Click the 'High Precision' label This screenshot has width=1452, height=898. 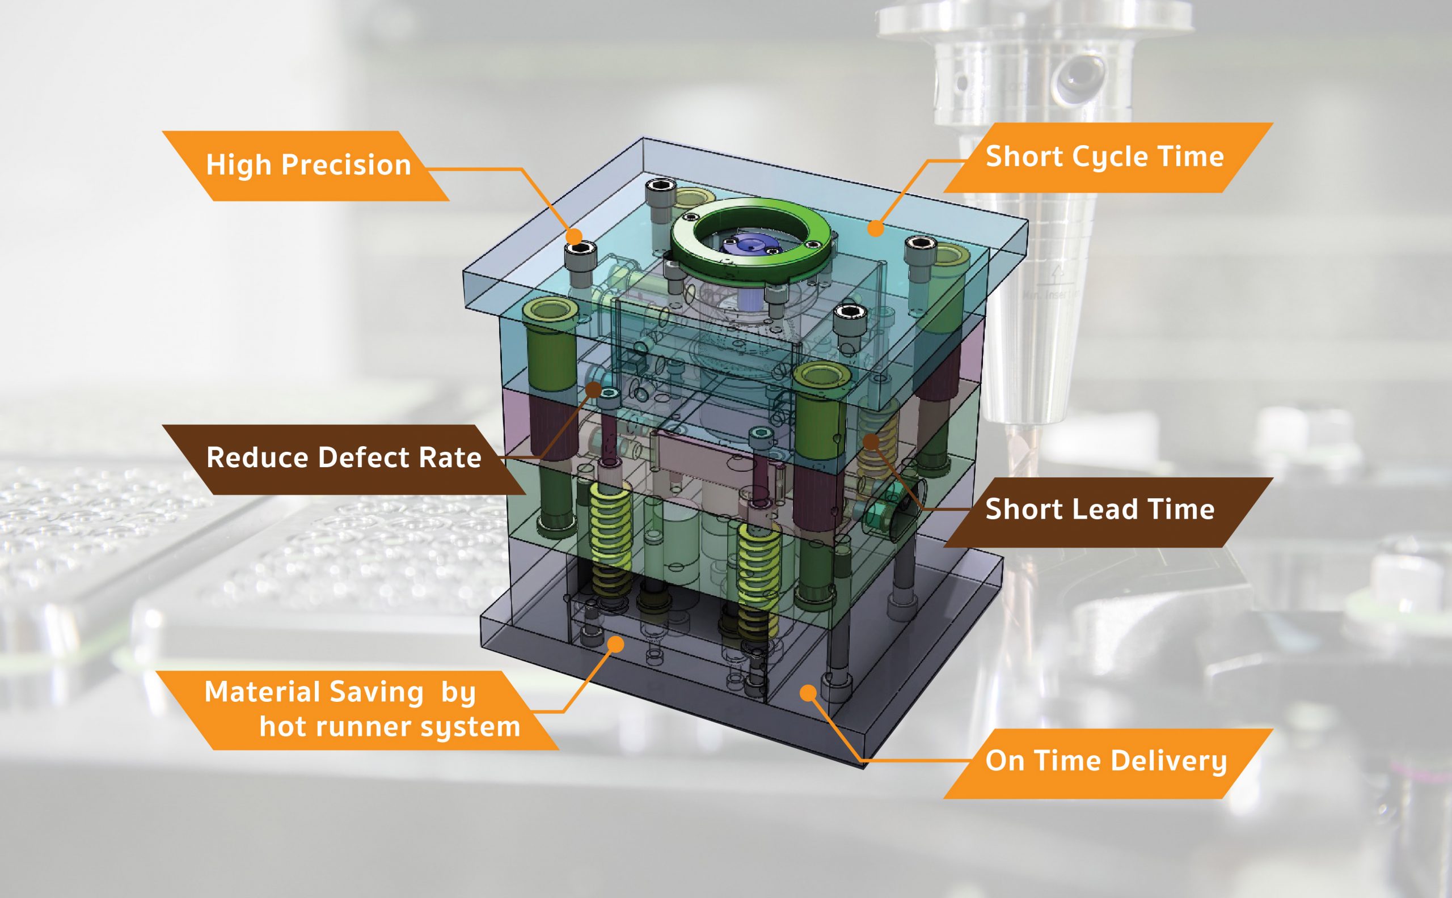click(x=308, y=165)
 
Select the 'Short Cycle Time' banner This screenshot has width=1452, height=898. click(x=1105, y=158)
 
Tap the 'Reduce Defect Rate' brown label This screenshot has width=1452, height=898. click(x=343, y=459)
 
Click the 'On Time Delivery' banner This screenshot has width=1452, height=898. click(x=1106, y=761)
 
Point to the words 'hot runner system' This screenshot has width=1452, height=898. click(x=390, y=727)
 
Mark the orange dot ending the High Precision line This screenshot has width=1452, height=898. click(x=574, y=236)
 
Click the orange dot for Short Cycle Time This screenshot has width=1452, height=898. click(x=875, y=227)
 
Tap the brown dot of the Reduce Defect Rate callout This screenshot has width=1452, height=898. click(x=593, y=389)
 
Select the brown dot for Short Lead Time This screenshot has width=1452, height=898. click(x=871, y=441)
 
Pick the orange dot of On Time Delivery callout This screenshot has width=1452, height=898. click(x=808, y=693)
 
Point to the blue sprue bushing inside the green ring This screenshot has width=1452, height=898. click(x=746, y=245)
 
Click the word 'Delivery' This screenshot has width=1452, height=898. click(x=1168, y=761)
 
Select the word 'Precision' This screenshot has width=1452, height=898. click(x=347, y=165)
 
